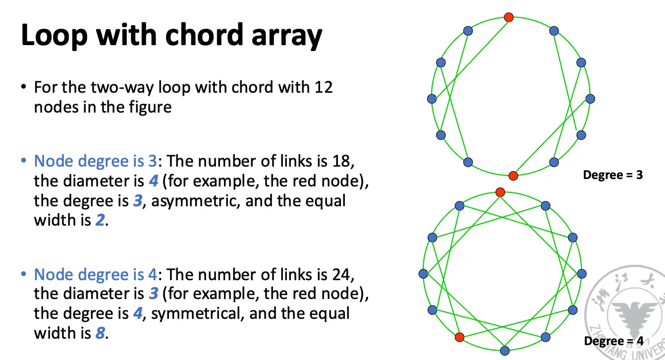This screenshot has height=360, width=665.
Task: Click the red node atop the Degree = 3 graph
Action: coord(508,17)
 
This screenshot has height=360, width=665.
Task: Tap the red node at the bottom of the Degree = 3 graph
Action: coord(513,175)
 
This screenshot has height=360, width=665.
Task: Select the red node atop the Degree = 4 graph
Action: coord(500,192)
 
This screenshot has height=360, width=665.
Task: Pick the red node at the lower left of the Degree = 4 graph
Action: coord(459,337)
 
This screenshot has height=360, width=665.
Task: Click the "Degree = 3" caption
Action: coord(613,175)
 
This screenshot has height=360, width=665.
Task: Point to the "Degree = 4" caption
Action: coord(613,341)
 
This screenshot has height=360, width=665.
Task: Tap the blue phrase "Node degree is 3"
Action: coord(95,161)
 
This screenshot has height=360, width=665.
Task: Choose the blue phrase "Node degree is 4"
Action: coord(95,274)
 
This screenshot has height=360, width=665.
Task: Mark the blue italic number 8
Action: coord(100,333)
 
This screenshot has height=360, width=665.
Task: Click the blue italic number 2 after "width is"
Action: coord(100,220)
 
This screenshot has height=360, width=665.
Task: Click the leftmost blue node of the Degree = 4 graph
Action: coord(423,274)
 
